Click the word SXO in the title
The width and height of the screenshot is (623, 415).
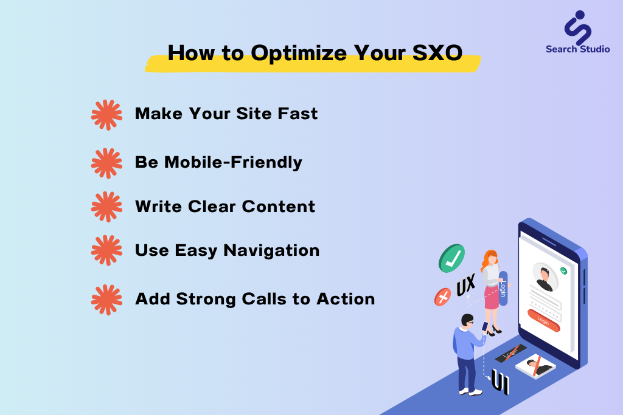pyautogui.click(x=437, y=53)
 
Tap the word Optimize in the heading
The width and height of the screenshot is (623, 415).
pyautogui.click(x=299, y=53)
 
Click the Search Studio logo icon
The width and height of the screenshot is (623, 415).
pyautogui.click(x=578, y=27)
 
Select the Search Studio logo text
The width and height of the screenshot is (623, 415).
pyautogui.click(x=578, y=49)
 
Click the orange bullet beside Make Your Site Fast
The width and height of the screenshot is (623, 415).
pyautogui.click(x=106, y=115)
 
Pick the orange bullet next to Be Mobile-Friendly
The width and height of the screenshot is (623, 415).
pyautogui.click(x=106, y=163)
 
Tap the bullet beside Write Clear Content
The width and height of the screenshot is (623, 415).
pyautogui.click(x=106, y=207)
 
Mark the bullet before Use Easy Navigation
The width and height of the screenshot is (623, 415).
pyautogui.click(x=106, y=250)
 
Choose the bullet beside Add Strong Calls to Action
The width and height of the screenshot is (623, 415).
pyautogui.click(x=106, y=300)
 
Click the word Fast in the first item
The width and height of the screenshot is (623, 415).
pyautogui.click(x=298, y=114)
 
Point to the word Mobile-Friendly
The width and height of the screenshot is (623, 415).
pyautogui.click(x=233, y=162)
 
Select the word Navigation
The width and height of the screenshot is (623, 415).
pyautogui.click(x=271, y=250)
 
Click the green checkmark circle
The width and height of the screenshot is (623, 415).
pyautogui.click(x=452, y=258)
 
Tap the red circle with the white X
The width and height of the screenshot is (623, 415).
pyautogui.click(x=443, y=297)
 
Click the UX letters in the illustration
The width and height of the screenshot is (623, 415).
pyautogui.click(x=465, y=285)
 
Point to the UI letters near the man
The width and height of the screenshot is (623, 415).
pyautogui.click(x=500, y=382)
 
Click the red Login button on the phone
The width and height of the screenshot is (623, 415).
pyautogui.click(x=543, y=320)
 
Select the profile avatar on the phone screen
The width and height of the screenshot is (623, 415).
pyautogui.click(x=545, y=277)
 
